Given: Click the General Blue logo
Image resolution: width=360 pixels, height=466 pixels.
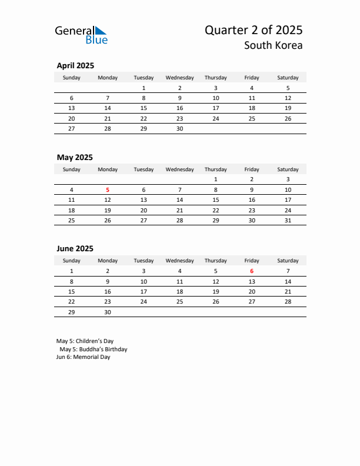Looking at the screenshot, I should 81,35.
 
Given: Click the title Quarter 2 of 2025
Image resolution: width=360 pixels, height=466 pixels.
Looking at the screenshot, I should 254,31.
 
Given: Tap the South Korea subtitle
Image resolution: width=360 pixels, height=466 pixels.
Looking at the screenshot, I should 273,45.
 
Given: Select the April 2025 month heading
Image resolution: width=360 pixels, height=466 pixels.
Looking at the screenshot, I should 75,66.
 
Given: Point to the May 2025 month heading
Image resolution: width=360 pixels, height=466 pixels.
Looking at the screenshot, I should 75,157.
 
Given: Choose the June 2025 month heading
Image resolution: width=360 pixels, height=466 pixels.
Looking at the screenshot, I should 75,248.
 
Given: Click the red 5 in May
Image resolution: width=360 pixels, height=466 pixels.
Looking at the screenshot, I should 108,189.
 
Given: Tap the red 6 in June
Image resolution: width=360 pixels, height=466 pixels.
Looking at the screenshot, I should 252,271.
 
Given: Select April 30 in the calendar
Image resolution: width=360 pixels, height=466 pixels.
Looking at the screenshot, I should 179,128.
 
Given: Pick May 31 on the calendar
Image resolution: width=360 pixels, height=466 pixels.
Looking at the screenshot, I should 288,220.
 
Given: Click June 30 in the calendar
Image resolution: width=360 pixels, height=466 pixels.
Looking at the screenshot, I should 108,312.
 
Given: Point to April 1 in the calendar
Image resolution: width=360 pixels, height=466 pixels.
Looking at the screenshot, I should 144,88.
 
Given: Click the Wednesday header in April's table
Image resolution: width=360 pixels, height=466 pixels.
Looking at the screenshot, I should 179,78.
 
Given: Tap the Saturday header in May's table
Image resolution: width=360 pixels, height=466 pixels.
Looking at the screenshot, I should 288,169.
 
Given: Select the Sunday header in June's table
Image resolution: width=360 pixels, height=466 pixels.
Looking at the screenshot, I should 72,261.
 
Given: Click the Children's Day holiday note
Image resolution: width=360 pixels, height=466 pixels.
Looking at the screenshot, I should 85,341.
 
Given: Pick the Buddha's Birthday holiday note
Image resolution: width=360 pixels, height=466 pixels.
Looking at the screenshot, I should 93,349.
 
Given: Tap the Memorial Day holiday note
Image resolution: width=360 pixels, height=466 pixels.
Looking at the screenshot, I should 83,357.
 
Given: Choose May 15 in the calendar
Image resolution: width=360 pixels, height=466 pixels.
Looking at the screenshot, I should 216,199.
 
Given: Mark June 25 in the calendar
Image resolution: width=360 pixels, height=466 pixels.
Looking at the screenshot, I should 179,301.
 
